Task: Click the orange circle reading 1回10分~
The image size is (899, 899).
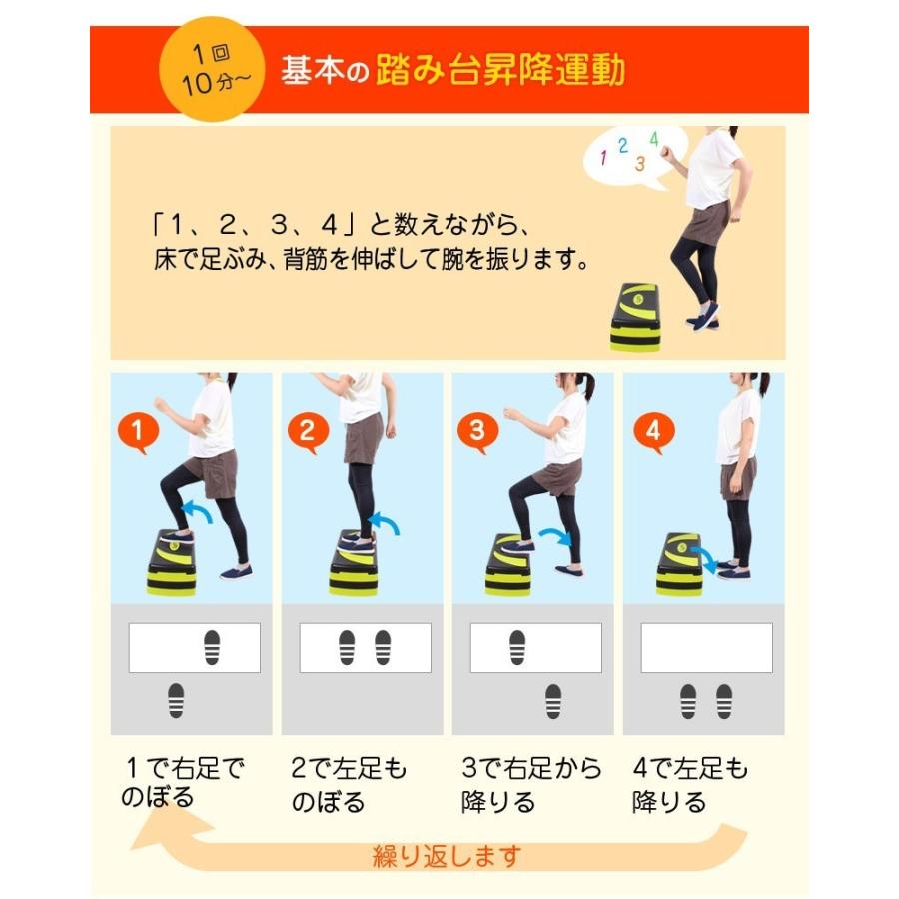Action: coord(212,69)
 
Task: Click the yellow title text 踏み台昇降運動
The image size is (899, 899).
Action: coord(500,70)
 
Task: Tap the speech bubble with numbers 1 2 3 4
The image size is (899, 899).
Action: coord(634,153)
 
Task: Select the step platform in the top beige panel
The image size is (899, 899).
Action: coord(635,316)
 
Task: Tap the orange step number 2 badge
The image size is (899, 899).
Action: coord(308,432)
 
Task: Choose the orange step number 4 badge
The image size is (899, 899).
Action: coord(654,432)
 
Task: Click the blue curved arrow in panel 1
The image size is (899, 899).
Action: coord(196,509)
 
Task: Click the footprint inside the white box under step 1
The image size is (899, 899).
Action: coord(212,648)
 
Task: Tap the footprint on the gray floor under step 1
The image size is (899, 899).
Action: coord(176,700)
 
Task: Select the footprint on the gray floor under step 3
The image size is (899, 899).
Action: coord(553,701)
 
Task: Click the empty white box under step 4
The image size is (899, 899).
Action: coord(706,648)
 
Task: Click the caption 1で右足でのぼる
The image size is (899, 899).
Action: coord(183,782)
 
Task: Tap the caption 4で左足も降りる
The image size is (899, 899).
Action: coord(690,784)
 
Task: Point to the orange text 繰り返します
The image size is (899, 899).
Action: coord(447,856)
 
